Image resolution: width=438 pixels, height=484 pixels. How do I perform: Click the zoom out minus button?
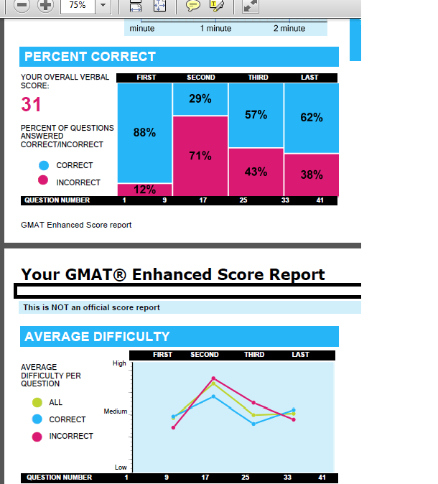(x=22, y=5)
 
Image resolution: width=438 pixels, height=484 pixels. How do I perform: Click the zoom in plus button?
(x=45, y=5)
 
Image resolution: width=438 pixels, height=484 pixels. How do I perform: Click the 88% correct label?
(x=144, y=132)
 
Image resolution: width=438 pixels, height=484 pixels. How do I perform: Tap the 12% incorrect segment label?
(x=144, y=190)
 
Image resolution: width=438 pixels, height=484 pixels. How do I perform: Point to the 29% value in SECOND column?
(x=200, y=99)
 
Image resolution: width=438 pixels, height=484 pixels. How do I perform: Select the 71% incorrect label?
(x=200, y=156)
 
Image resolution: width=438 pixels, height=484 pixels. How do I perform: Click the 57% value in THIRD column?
(x=256, y=115)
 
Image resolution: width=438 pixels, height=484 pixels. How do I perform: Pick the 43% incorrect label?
(x=256, y=172)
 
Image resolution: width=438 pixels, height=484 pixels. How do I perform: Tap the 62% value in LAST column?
(x=311, y=117)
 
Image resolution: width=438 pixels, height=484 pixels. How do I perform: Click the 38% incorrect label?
(x=311, y=174)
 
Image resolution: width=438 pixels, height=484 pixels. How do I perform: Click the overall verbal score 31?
(x=31, y=105)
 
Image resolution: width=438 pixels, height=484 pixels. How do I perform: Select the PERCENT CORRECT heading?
(x=90, y=57)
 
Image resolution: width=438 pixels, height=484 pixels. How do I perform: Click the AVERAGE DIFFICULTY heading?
(x=97, y=336)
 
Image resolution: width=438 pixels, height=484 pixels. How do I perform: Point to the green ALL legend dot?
(x=37, y=402)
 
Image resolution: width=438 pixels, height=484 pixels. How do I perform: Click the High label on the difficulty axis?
(x=119, y=363)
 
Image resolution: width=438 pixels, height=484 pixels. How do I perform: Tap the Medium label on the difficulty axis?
(x=116, y=411)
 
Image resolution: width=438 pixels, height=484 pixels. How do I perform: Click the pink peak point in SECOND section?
(x=213, y=378)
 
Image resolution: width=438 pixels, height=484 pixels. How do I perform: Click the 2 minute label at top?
(x=289, y=29)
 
